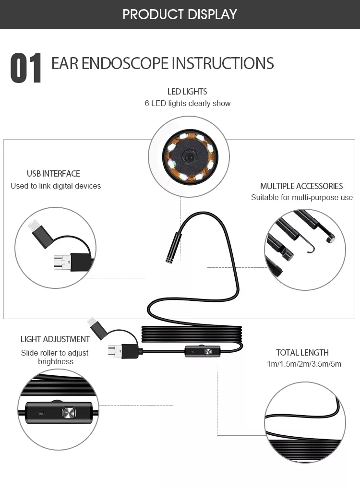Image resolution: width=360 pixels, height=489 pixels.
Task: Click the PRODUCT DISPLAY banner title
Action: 180,14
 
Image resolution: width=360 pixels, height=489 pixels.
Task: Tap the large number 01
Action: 26,69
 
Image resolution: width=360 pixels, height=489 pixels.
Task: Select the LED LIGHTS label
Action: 187,91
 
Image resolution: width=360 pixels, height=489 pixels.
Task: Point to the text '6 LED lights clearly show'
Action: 187,103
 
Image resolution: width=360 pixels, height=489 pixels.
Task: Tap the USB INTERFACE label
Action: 53,174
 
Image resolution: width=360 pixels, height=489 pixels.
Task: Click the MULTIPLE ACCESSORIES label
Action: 301,186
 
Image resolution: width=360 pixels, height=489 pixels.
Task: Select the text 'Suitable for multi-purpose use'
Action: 301,198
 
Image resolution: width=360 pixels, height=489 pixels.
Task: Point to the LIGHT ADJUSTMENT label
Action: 55,339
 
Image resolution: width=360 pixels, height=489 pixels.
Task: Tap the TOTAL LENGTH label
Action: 302,353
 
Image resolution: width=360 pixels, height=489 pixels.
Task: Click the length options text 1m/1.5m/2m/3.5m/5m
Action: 304,364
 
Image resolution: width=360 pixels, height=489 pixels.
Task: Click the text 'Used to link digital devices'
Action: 56,186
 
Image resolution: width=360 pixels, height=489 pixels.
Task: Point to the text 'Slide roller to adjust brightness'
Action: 55,357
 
